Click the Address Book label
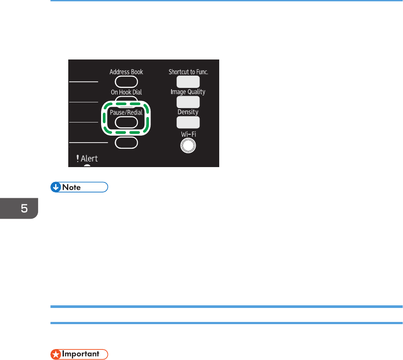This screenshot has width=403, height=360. (126, 72)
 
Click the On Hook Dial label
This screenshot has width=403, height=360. (126, 92)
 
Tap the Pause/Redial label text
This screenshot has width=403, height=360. (126, 112)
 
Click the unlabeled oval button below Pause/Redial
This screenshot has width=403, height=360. (126, 143)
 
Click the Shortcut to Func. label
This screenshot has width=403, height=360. (188, 72)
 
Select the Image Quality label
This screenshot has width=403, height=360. (188, 92)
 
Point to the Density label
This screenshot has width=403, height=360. (188, 112)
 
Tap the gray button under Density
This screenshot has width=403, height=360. (188, 122)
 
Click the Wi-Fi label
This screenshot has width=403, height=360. (188, 133)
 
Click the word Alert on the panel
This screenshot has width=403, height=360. (89, 159)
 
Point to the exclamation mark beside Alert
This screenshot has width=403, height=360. (77, 159)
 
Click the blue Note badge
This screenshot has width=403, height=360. (79, 187)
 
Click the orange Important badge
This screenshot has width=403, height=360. (79, 354)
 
